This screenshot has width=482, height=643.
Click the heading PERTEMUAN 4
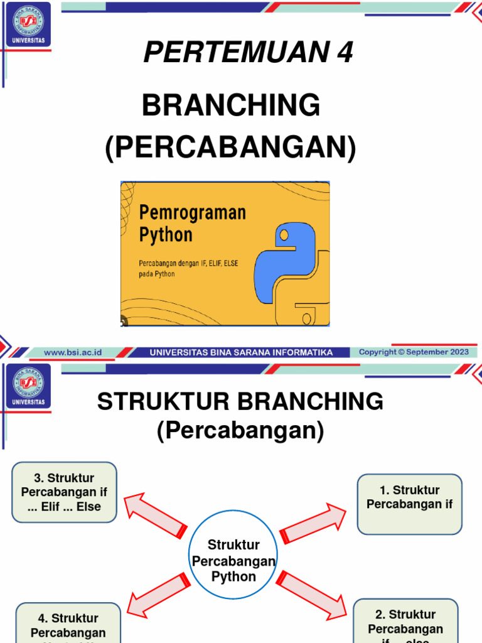coord(248,53)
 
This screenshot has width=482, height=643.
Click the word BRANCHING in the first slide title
coord(230,105)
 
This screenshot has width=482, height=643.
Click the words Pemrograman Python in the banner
coord(192,224)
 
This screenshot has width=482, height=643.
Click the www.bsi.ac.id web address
coord(73,352)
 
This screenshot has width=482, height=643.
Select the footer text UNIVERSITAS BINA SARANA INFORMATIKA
coord(241,352)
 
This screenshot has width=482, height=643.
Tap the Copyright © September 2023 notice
coord(414,352)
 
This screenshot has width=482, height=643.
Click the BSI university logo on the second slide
coord(28,385)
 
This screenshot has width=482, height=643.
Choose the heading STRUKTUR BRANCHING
coord(240,402)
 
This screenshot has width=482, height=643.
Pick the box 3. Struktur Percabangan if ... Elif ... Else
coord(64,492)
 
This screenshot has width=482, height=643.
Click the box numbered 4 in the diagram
coord(68,625)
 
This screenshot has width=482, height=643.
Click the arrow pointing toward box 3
coord(155,514)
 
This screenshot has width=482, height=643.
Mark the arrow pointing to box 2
coord(312,593)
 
